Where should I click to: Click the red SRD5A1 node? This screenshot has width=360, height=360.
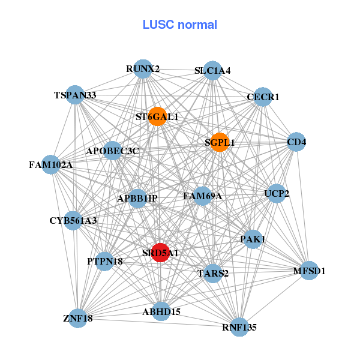(160, 253)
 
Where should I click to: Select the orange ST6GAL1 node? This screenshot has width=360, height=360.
(157, 116)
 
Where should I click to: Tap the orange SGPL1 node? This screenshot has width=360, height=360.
(220, 142)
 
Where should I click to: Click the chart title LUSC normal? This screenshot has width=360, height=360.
(180, 25)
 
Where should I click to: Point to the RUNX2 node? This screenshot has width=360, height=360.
(143, 69)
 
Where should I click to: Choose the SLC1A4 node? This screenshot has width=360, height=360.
(213, 70)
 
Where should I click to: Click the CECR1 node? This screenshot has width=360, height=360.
(263, 97)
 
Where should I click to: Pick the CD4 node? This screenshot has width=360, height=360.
(296, 142)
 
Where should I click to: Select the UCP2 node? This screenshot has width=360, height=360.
(277, 193)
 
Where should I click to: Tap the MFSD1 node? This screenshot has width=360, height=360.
(309, 271)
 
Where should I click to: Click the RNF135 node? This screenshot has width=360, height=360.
(239, 327)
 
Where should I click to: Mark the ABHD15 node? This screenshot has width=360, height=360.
(161, 311)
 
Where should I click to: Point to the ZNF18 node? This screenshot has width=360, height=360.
(78, 318)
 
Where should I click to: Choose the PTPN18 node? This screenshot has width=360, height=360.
(104, 261)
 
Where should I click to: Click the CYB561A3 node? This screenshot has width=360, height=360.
(73, 221)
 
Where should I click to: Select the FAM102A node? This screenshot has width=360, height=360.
(51, 164)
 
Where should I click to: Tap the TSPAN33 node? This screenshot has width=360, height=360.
(75, 95)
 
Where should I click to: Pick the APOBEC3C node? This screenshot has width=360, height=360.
(113, 151)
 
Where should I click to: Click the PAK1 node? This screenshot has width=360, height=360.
(253, 239)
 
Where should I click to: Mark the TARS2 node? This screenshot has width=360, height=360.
(213, 273)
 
